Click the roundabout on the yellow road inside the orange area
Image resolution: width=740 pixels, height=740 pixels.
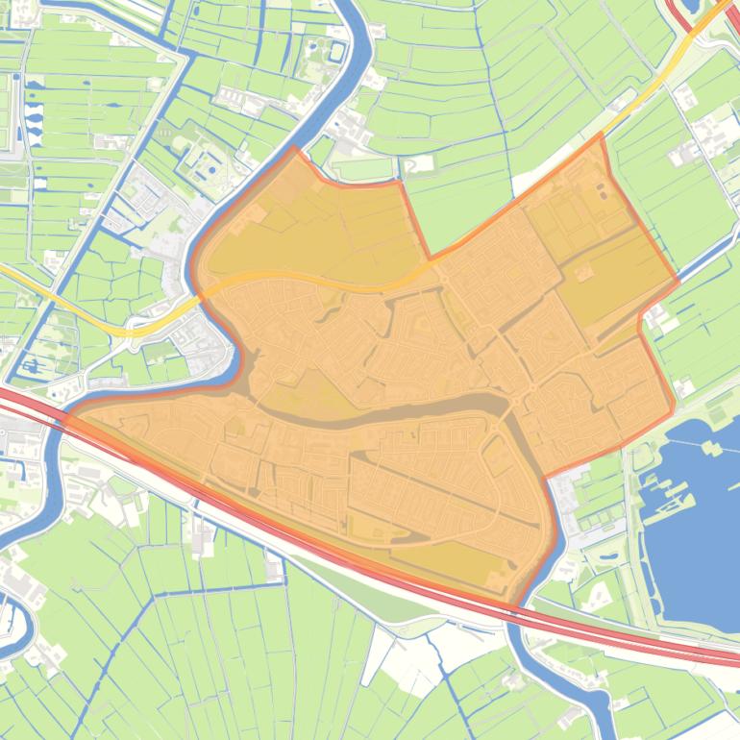[x=445, y=279]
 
